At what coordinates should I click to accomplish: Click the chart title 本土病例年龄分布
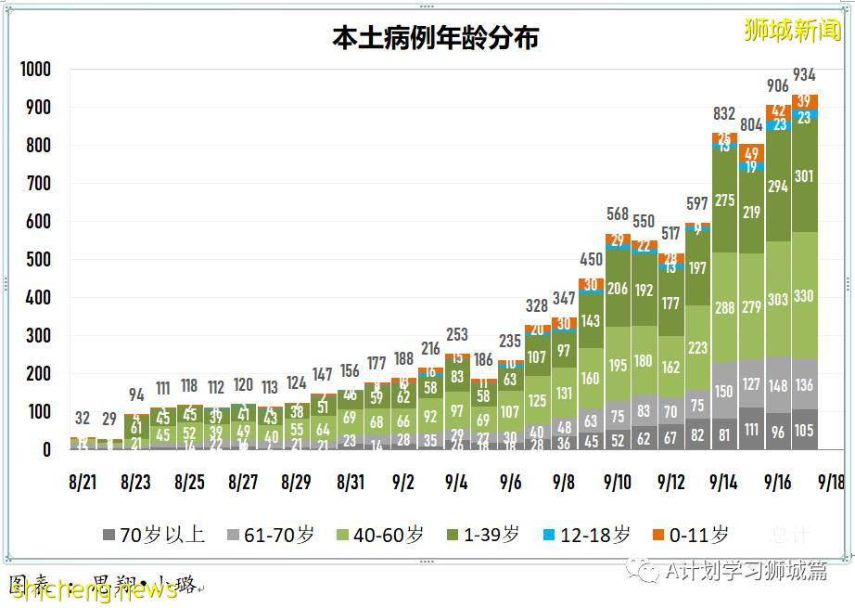pyautogui.click(x=436, y=37)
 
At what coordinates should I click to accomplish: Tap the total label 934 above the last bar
pyautogui.click(x=805, y=74)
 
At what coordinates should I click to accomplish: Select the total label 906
pyautogui.click(x=778, y=86)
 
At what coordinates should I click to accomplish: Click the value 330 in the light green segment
pyautogui.click(x=805, y=297)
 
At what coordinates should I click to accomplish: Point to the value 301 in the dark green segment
pyautogui.click(x=805, y=176)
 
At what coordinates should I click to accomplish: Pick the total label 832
pyautogui.click(x=724, y=114)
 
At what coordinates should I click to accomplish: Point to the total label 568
pyautogui.click(x=618, y=214)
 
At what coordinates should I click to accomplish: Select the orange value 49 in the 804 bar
pyautogui.click(x=751, y=154)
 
